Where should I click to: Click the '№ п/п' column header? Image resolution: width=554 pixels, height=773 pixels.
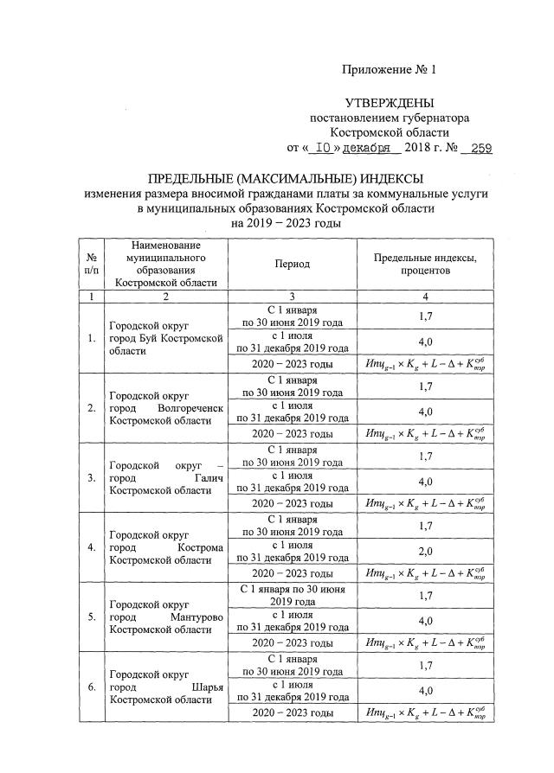(x=92, y=264)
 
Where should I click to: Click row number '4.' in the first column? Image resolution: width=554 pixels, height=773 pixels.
(x=92, y=547)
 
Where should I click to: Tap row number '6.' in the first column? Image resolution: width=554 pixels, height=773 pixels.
(x=92, y=687)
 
